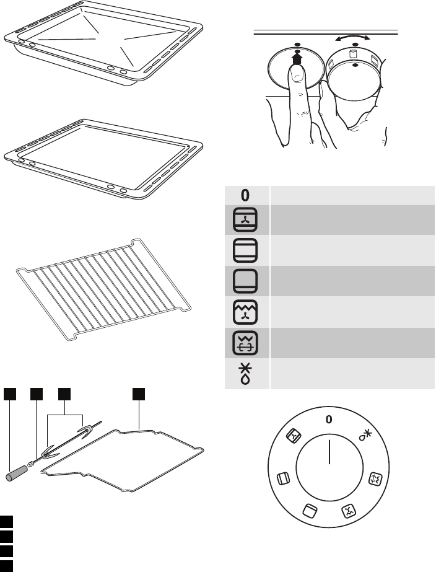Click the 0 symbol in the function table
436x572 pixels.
pos(245,195)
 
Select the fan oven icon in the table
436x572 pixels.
pos(245,219)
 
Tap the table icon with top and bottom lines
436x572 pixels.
pos(245,250)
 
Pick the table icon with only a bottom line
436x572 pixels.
pos(245,281)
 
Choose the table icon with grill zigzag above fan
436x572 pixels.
pos(245,312)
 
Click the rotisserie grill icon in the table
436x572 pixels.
pos(245,343)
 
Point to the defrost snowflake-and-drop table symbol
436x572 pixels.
pos(245,374)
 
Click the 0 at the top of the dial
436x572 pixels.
pos(329,420)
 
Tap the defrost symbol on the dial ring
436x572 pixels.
pos(365,435)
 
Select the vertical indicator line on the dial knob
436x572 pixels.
pos(329,452)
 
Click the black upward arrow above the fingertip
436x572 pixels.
pos(297,58)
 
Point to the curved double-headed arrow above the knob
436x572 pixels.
pos(352,37)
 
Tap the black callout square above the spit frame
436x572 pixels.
pos(139,394)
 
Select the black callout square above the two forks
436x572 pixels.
pos(64,394)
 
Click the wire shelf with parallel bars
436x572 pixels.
pos(103,289)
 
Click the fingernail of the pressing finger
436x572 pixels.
pos(298,75)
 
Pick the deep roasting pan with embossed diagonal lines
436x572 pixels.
pos(103,44)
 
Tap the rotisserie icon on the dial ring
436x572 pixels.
pos(376,478)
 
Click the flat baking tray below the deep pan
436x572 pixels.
pos(103,159)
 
